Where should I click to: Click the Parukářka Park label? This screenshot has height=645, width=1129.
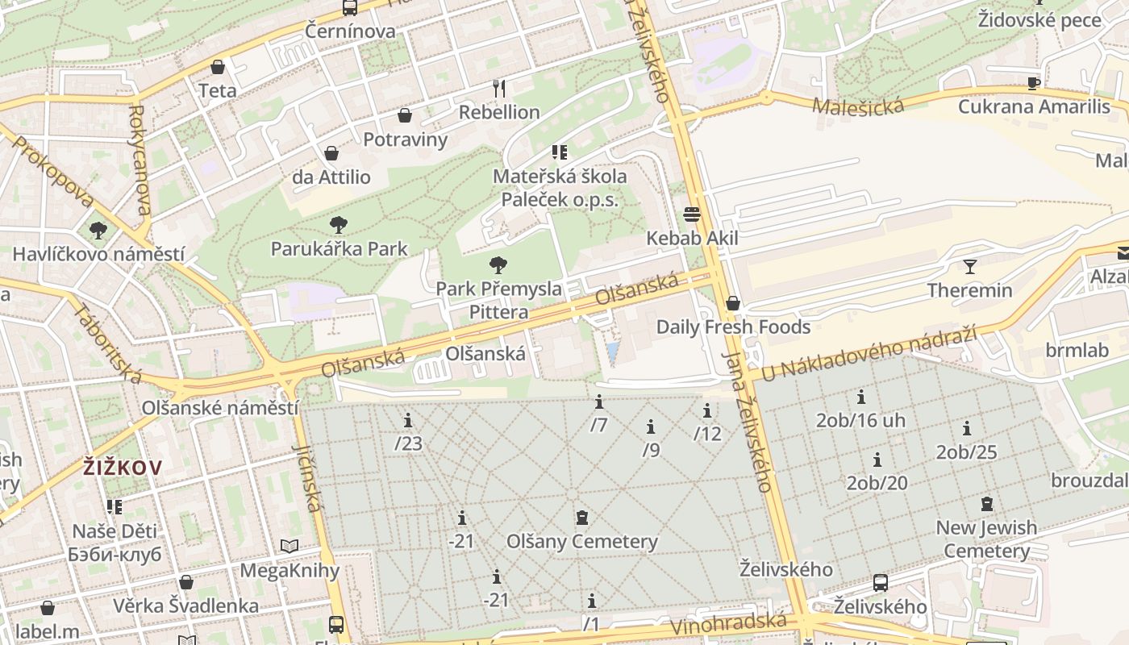(339, 248)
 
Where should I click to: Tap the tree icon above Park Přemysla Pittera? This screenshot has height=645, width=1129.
(498, 264)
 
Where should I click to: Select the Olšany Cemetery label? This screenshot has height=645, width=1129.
(581, 541)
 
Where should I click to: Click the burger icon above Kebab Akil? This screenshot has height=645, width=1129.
(692, 214)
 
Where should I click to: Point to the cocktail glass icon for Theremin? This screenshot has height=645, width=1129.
(969, 266)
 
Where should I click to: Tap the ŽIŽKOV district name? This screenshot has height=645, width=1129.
(123, 467)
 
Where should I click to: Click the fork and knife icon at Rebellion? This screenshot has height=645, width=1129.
(499, 88)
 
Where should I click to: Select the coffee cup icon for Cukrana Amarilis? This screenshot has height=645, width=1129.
(1034, 83)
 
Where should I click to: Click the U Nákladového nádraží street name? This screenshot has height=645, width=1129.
(869, 352)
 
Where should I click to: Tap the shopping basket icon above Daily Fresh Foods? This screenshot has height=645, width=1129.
(733, 303)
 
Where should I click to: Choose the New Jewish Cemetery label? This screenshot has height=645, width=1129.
(986, 539)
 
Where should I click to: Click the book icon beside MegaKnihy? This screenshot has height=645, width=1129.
(290, 546)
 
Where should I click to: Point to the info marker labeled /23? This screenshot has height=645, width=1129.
(408, 420)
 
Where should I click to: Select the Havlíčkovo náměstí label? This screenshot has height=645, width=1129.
(98, 254)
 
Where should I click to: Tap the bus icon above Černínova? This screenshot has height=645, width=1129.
(349, 8)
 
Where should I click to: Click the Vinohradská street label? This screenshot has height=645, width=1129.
(727, 624)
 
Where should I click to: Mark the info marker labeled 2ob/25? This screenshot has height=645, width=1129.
(966, 428)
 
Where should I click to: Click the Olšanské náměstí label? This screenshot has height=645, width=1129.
(220, 407)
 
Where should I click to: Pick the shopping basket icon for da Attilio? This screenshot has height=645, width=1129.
(331, 153)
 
